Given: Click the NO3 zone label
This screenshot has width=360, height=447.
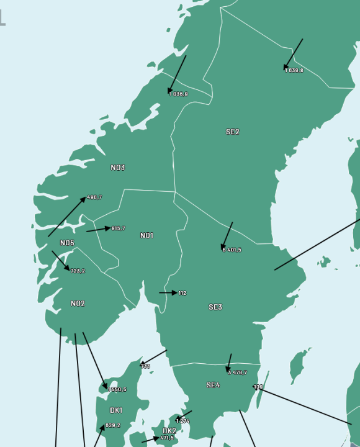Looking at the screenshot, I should click(118, 168).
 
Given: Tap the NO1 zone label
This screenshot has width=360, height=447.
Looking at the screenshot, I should click(146, 235).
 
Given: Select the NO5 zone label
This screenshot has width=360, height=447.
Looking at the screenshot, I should click(67, 243).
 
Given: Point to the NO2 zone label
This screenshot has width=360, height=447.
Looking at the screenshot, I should click(78, 304).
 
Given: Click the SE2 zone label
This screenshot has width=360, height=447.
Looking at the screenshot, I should click(232, 132).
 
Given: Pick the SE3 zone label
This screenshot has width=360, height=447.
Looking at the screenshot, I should click(215, 307).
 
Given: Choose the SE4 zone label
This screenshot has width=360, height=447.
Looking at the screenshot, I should click(213, 385).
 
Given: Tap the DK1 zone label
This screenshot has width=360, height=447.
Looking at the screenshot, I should click(116, 410).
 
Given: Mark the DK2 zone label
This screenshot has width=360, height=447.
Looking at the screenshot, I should click(169, 430).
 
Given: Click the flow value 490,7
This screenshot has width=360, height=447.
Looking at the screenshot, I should click(94, 197).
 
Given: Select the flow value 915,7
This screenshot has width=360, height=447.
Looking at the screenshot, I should click(119, 228).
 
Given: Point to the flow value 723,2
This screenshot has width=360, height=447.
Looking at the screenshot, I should click(78, 271).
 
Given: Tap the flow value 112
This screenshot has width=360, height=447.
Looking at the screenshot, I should click(182, 293).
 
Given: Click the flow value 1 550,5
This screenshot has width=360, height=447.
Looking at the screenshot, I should click(117, 390).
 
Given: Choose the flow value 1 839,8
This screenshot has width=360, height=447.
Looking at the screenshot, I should click(295, 71).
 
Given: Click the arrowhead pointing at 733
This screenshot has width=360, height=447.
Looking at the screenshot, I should click(142, 363).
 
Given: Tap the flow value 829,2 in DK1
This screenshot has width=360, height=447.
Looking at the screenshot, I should click(113, 425).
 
